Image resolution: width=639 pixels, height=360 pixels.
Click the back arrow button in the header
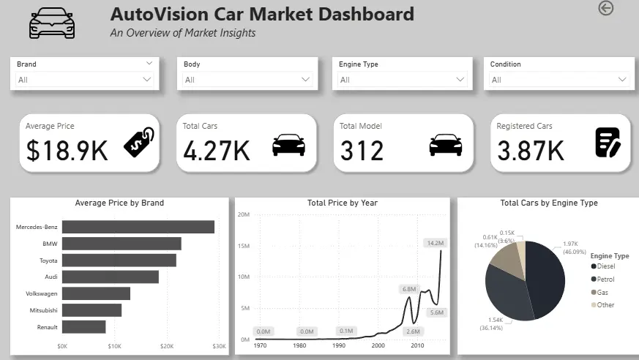[605, 8]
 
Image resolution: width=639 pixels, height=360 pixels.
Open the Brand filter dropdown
[85, 79]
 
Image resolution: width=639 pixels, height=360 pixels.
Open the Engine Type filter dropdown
[402, 79]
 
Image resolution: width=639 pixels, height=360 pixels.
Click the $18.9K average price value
[67, 150]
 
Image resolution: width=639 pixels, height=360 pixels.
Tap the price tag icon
[138, 142]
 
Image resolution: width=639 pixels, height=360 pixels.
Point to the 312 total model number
[362, 150]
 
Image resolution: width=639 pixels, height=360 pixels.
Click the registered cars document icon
[608, 142]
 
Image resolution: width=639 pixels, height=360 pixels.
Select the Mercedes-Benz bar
[138, 227]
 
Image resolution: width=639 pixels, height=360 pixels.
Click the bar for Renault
[83, 327]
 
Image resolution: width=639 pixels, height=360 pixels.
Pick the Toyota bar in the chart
[119, 260]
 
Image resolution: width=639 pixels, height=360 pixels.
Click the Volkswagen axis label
[39, 293]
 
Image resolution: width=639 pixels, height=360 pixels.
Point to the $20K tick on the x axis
[167, 345]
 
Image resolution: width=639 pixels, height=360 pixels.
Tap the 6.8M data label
[408, 290]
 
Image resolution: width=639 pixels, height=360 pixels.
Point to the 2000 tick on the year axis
[378, 345]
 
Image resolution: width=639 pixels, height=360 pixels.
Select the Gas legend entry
[599, 291]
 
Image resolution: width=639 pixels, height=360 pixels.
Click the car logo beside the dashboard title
[52, 23]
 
